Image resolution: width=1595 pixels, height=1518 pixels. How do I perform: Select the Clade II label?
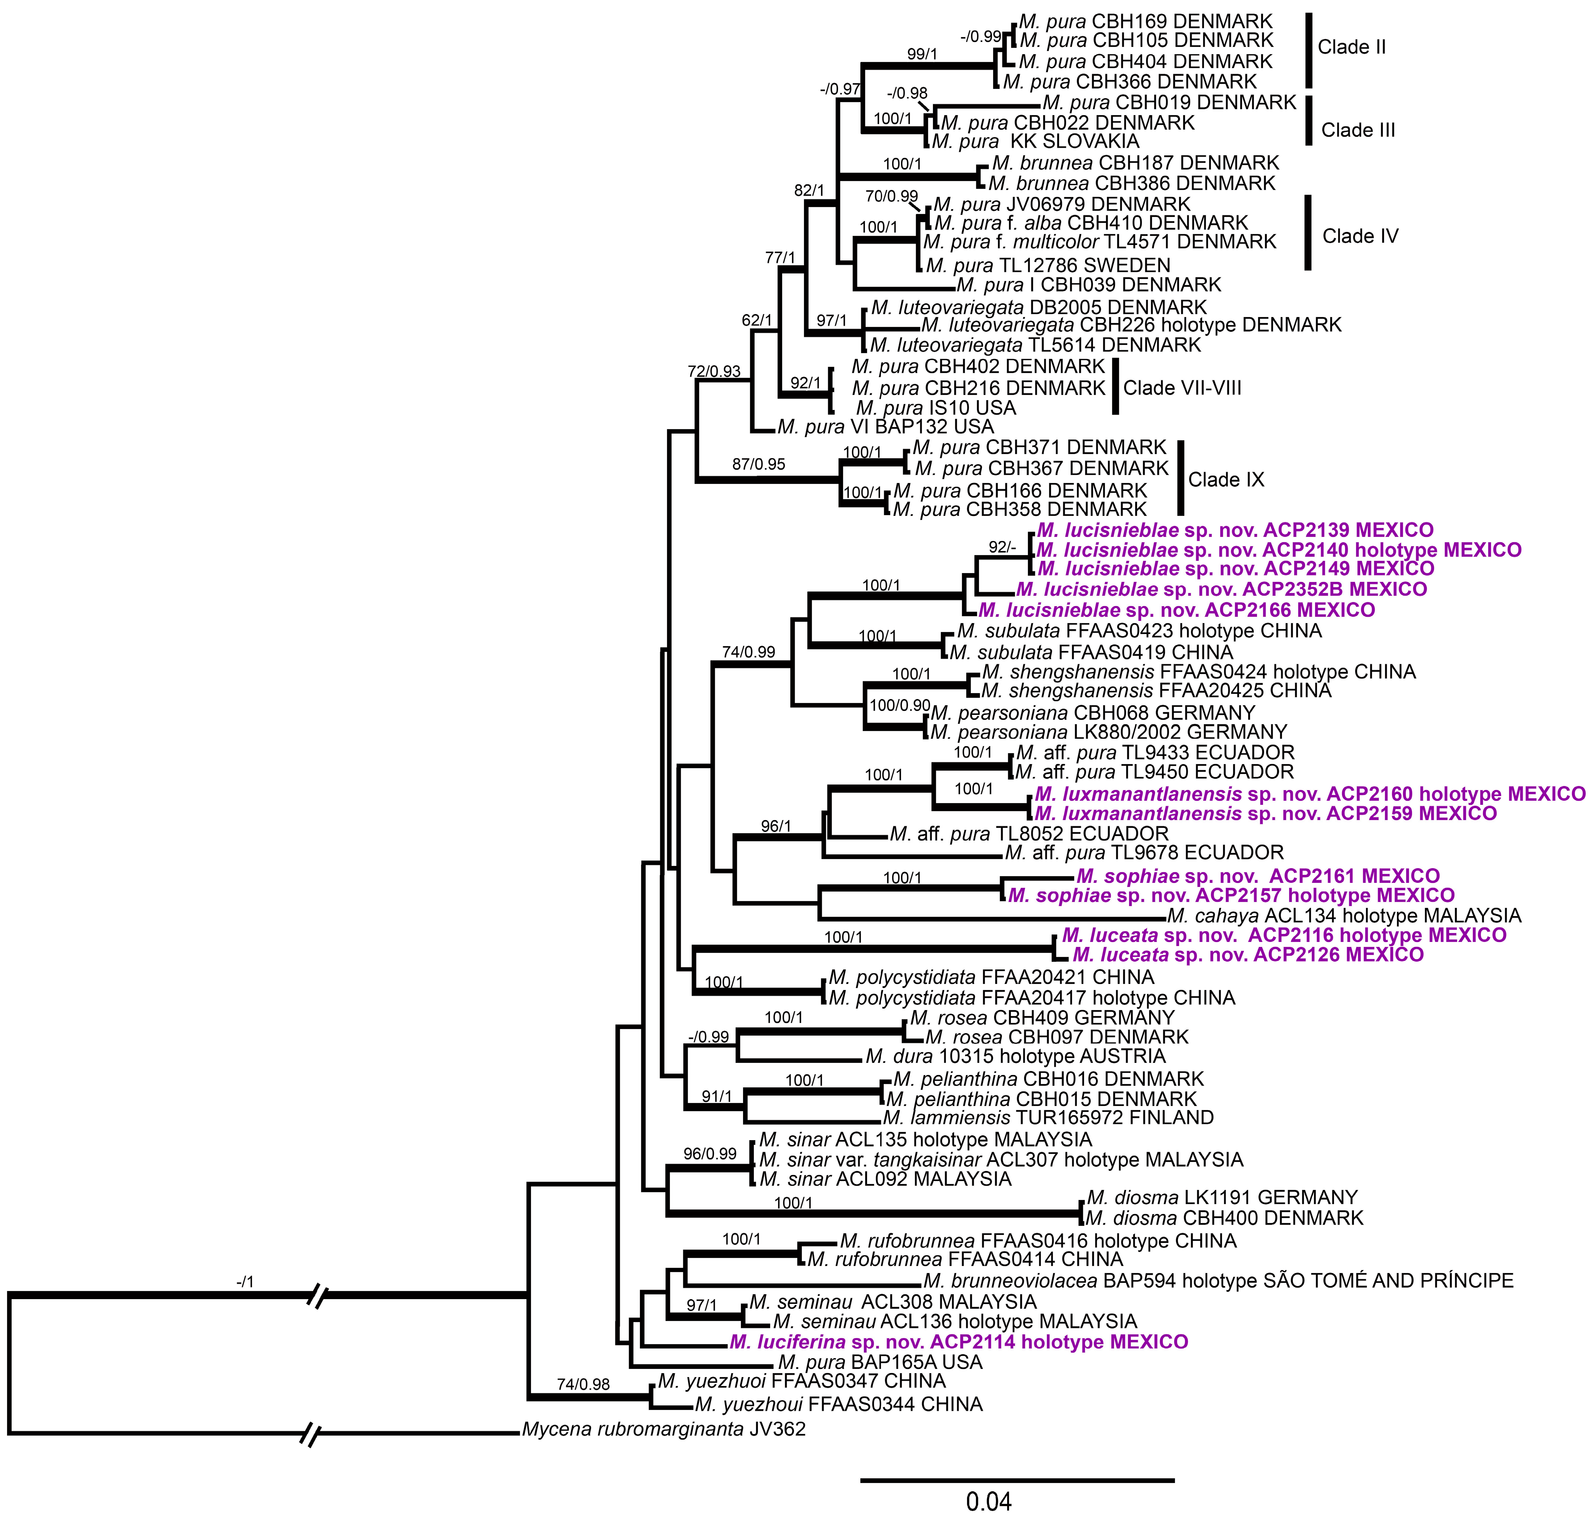(x=1351, y=47)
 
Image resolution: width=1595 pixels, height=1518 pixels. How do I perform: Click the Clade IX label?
(x=1225, y=480)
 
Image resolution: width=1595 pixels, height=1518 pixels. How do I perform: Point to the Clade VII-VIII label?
(x=1182, y=388)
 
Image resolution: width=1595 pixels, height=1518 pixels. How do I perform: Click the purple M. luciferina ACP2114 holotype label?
(x=958, y=1342)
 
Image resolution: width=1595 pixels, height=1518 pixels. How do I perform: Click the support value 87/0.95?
(x=759, y=465)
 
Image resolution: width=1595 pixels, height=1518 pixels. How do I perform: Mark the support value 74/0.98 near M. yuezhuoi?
(x=583, y=1385)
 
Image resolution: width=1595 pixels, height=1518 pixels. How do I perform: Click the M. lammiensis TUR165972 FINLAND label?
(x=1048, y=1118)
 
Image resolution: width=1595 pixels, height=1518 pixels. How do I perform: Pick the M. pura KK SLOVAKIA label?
(x=1035, y=142)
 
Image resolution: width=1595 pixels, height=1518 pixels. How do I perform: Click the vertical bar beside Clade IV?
(x=1308, y=232)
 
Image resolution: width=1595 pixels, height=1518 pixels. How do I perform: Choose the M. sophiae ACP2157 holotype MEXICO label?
(x=1231, y=896)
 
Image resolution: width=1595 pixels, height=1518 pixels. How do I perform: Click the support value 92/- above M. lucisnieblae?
(x=1001, y=547)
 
